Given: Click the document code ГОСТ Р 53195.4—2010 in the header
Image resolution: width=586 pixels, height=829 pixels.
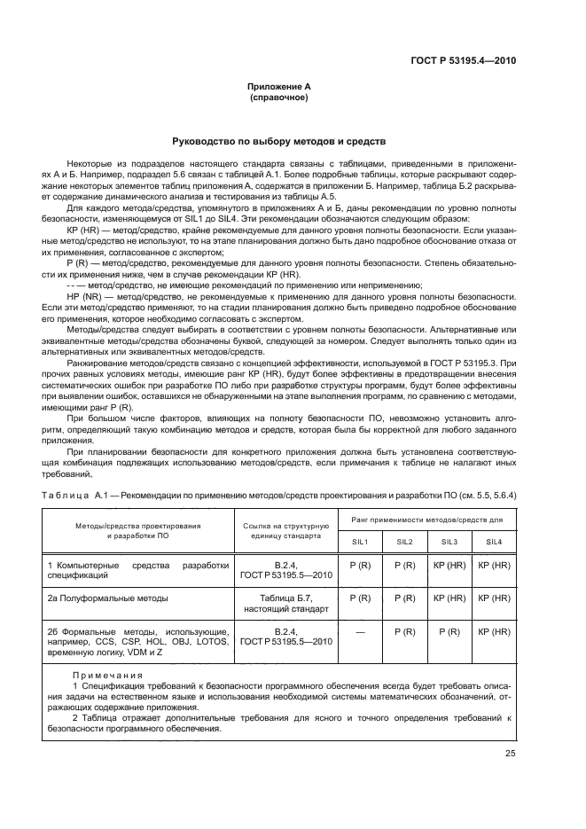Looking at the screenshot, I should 465,61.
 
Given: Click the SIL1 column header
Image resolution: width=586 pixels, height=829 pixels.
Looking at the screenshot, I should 361,541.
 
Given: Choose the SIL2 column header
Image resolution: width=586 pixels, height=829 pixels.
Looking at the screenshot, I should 404,541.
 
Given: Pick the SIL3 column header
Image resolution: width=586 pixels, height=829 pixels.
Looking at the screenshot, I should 449,541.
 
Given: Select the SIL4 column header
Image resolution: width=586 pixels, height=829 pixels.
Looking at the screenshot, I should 495,541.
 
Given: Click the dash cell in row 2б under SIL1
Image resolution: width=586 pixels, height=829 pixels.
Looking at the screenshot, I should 361,631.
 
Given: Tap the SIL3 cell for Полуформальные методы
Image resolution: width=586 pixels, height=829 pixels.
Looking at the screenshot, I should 449,598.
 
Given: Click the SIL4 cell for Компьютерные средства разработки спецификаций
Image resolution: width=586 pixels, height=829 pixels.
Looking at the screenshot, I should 495,565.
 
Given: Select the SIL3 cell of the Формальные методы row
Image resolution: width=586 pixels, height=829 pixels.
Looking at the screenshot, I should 449,631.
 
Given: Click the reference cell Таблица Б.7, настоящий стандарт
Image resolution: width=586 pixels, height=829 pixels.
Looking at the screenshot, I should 285,604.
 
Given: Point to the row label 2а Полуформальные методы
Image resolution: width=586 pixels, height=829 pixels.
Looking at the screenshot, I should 108,598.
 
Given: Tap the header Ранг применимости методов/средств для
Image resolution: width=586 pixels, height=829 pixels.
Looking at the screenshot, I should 427,518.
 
